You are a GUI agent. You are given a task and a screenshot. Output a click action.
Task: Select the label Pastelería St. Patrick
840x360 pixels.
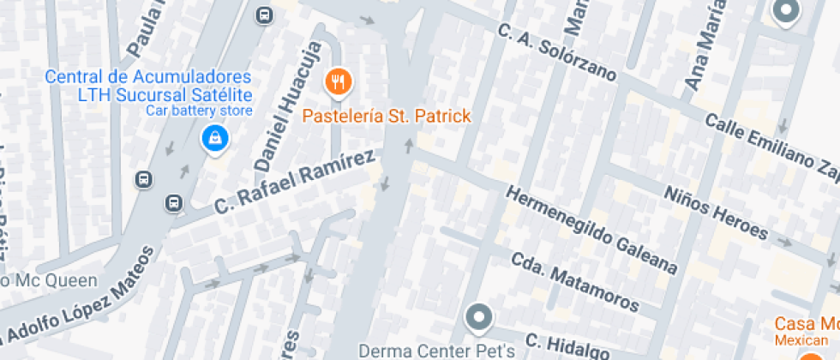[387, 116]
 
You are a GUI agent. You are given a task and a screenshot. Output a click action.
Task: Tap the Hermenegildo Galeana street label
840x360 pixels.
[592, 230]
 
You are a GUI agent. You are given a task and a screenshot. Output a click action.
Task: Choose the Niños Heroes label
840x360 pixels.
[716, 212]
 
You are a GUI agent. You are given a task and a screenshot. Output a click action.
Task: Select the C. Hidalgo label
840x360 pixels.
[567, 345]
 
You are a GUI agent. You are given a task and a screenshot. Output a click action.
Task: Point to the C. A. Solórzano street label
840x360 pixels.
[557, 51]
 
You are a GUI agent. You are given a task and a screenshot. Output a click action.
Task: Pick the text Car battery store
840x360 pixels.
[199, 111]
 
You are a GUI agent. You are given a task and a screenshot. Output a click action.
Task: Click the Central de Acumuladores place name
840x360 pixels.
[147, 77]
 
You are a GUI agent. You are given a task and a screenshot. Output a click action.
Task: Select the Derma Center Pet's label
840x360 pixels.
[436, 351]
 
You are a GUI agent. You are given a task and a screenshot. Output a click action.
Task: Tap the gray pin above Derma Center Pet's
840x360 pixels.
[478, 318]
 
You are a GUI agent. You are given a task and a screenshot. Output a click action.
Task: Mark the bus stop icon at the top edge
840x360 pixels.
[264, 15]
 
